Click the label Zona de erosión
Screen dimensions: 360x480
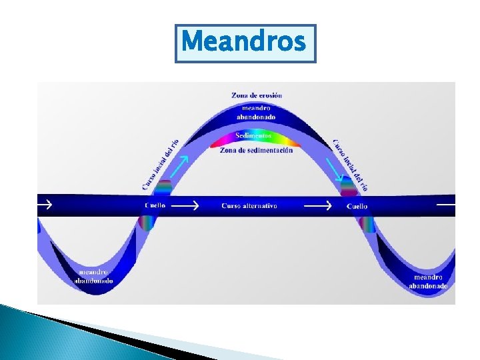point(257,95)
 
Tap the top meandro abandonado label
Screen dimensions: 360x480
point(257,113)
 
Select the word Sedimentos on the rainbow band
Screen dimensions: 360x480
point(253,136)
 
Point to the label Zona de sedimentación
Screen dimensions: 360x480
point(256,151)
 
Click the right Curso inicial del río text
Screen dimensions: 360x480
point(350,165)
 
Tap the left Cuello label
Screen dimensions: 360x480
point(155,206)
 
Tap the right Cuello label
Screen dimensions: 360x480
point(357,207)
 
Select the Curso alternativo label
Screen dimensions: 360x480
point(249,206)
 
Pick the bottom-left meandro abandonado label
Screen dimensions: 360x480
point(96,277)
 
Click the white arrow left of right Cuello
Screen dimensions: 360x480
point(317,206)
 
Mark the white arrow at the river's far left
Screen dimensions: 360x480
point(45,205)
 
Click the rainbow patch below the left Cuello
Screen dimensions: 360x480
point(145,224)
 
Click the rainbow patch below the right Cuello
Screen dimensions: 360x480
point(365,224)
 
